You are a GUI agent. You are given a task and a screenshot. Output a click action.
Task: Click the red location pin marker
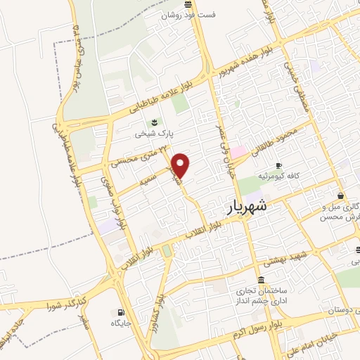[x=181, y=165]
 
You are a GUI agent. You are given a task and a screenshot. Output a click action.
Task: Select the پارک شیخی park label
[x=154, y=131]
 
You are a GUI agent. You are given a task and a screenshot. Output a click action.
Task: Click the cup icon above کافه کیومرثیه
[x=279, y=166]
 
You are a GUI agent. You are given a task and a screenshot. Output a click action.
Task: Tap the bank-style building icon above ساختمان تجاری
[x=262, y=280]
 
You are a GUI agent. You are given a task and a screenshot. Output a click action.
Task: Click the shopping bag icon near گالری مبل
[x=341, y=196]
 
